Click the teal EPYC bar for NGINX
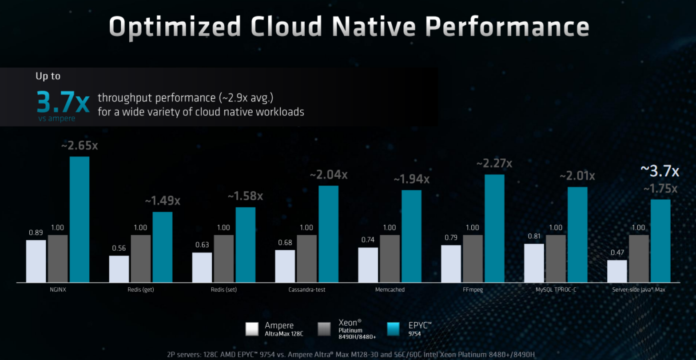click(80, 219)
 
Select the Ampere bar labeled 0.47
click(617, 271)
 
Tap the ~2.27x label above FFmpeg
click(494, 164)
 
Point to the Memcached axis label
click(390, 290)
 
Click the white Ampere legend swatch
click(252, 329)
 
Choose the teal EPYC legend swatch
click(394, 329)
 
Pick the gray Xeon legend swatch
click(324, 329)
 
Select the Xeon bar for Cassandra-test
click(306, 259)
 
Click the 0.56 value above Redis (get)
click(119, 248)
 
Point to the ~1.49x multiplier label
click(163, 201)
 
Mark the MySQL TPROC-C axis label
click(556, 290)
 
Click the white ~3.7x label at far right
click(660, 171)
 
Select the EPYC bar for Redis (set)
click(246, 245)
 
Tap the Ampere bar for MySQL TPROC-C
click(534, 263)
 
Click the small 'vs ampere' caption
click(57, 119)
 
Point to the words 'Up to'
click(48, 76)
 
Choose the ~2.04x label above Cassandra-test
click(328, 175)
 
